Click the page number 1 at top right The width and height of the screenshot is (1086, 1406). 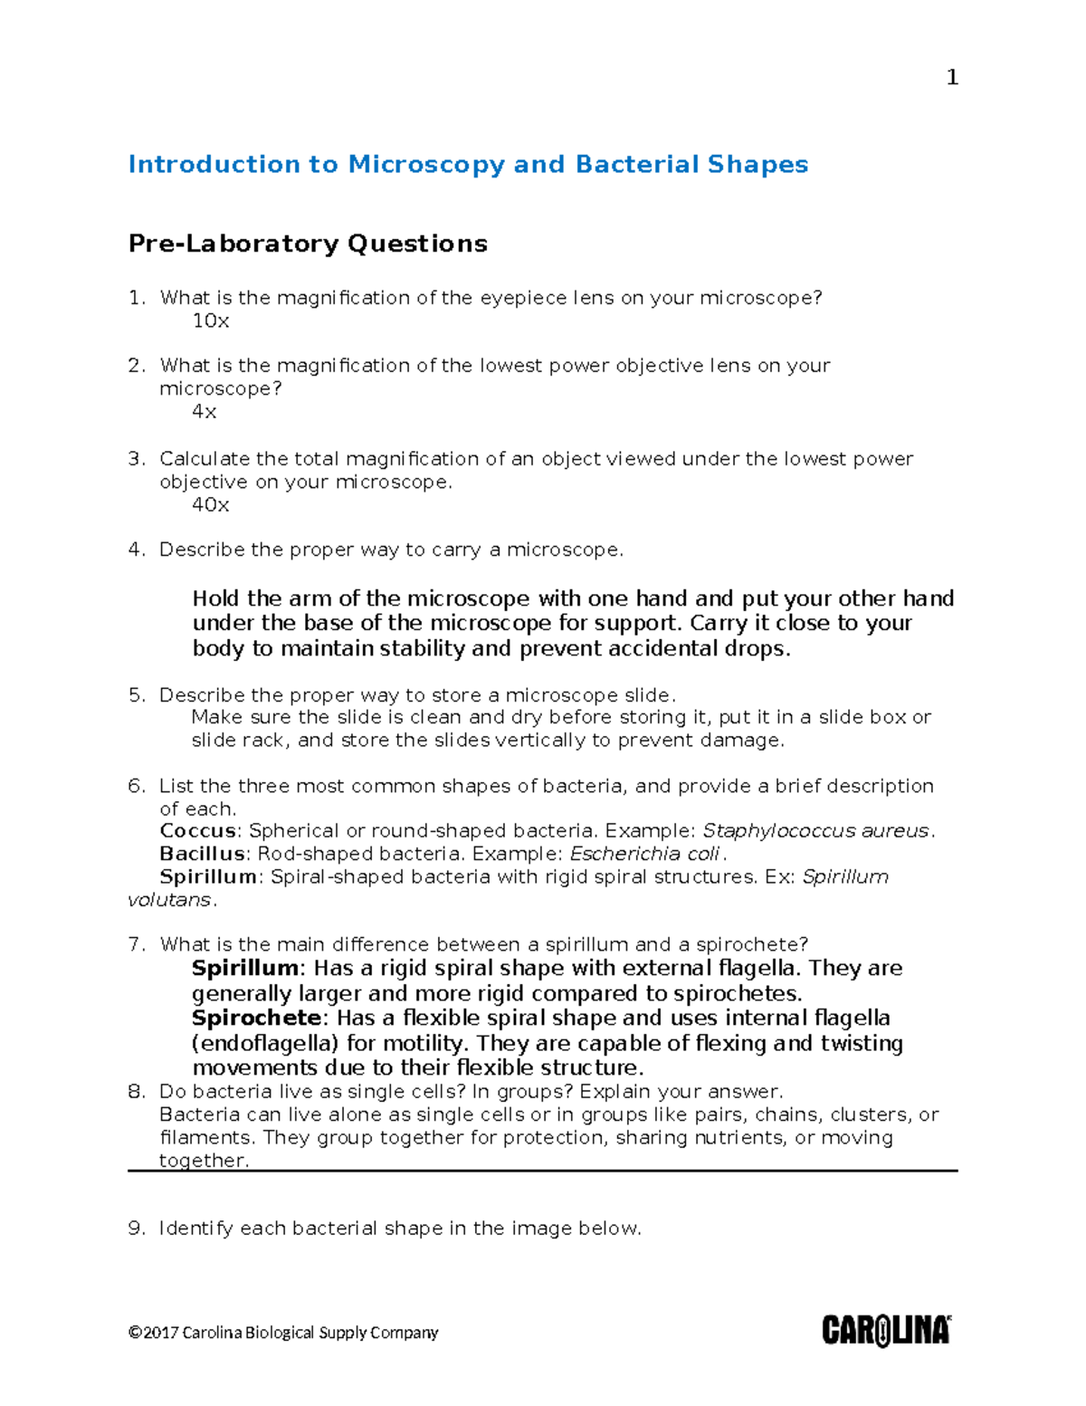coord(951,78)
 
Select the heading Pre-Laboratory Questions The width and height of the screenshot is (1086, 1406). coord(308,244)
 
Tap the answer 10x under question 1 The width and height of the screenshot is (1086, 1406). coord(211,321)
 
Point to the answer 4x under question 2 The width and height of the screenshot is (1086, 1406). coord(205,412)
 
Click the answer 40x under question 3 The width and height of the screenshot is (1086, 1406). coord(211,505)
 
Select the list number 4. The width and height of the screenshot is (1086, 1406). coord(136,550)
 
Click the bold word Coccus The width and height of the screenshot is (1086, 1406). coord(197,831)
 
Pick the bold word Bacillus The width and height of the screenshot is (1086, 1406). coord(202,854)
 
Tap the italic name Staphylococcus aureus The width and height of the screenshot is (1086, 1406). coord(815,831)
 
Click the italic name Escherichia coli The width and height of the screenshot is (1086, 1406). coord(644,854)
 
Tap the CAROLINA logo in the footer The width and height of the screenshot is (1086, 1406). coord(886,1331)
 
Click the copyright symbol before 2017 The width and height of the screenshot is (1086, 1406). coord(135,1333)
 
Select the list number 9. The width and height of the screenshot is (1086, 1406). coord(136,1229)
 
